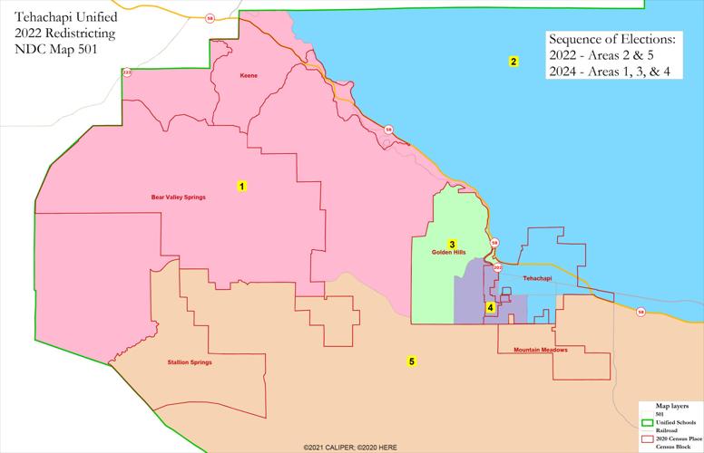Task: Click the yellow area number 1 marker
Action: [241, 186]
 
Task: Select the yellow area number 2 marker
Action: [513, 62]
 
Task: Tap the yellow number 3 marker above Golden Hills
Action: [452, 244]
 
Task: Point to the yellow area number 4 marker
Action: [491, 307]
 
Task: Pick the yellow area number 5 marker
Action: [411, 361]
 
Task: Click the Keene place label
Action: [249, 75]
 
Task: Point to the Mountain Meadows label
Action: [540, 350]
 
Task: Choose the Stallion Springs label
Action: [191, 362]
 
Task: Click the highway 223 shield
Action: [127, 72]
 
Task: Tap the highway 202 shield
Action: [498, 268]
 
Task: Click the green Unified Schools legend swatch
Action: [648, 422]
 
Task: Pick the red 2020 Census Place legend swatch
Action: [648, 439]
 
